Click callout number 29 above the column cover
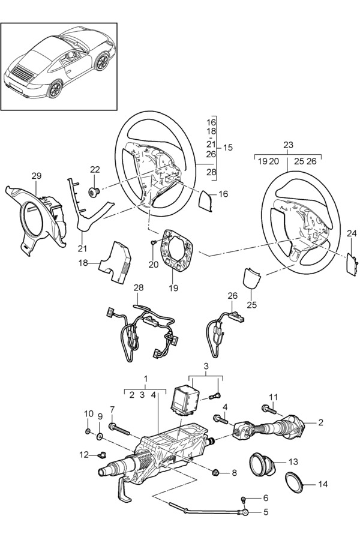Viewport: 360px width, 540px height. tap(37, 175)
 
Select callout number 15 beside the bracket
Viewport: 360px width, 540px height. tap(228, 147)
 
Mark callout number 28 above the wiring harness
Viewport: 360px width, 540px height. tap(139, 289)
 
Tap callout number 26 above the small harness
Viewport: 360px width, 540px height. tap(233, 296)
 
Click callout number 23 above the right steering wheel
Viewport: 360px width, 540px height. tap(289, 145)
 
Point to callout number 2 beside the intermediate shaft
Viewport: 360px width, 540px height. tap(320, 422)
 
